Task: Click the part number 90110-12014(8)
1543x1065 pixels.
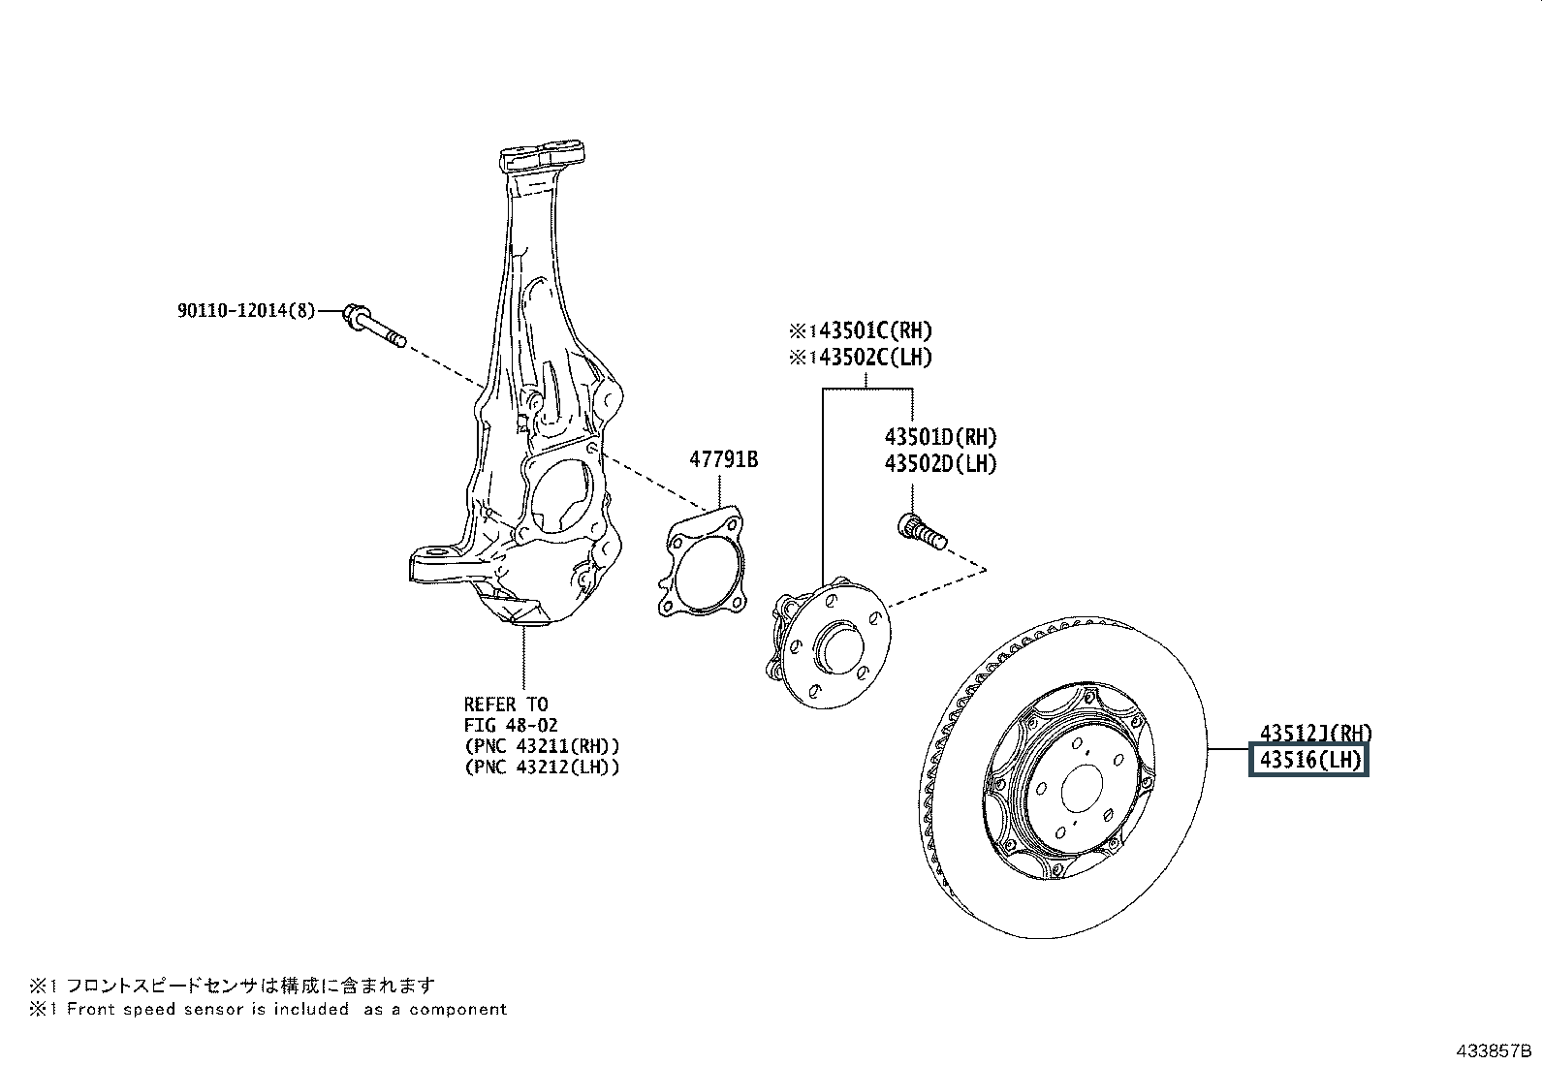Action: point(246,311)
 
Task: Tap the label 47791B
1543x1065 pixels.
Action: point(723,459)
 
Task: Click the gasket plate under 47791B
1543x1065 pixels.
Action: point(702,566)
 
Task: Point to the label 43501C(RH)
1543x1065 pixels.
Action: point(861,331)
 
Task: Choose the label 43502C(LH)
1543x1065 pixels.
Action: point(861,358)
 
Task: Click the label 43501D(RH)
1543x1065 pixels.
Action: point(939,438)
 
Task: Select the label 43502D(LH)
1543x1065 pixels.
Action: point(939,463)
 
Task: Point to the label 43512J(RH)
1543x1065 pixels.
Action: point(1315,734)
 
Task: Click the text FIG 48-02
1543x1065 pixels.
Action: point(510,725)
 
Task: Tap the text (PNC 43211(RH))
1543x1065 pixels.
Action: point(541,746)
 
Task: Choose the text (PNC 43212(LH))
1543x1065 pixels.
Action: point(541,767)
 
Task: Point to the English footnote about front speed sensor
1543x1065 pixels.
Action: point(268,1010)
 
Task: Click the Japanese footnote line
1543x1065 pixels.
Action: point(233,987)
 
